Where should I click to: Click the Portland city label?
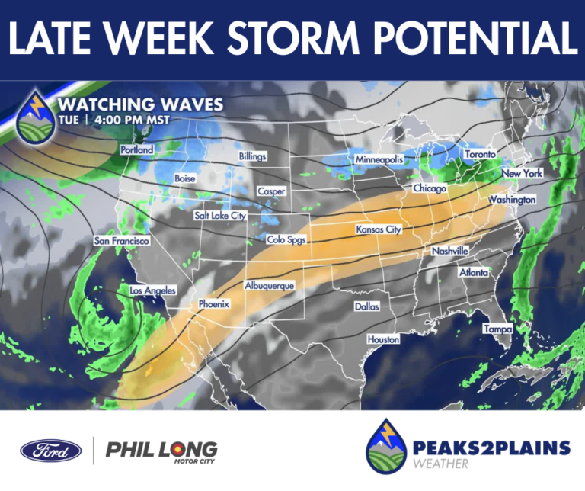(137, 150)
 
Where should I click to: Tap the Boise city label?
(185, 178)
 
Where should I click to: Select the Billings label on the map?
(253, 156)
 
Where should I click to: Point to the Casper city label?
(270, 191)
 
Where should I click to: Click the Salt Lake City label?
(220, 216)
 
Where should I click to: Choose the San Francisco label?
(121, 241)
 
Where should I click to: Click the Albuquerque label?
(269, 285)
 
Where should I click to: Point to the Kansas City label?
(379, 229)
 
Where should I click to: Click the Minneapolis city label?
(379, 159)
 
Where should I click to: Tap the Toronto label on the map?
(480, 154)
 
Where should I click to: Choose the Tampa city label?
(497, 329)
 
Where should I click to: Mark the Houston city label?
(383, 339)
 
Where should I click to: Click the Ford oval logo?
(51, 450)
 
